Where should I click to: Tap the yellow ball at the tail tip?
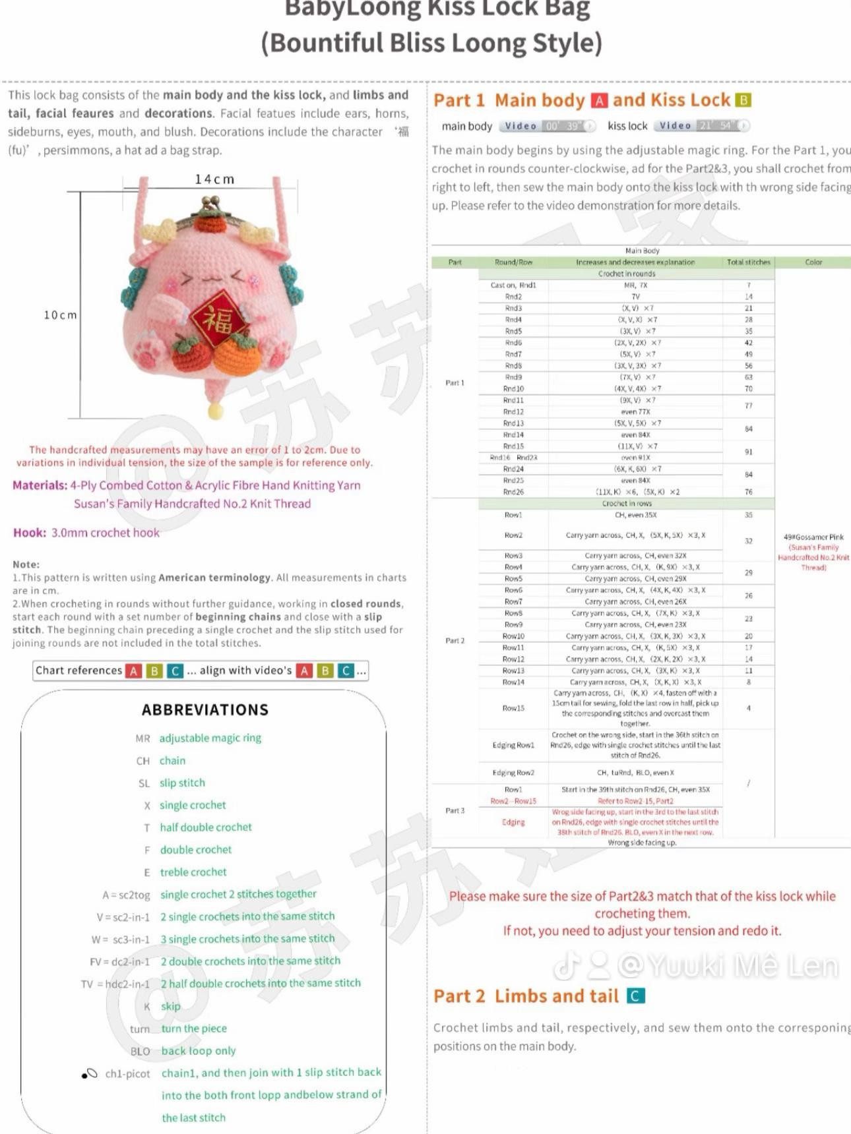[215, 413]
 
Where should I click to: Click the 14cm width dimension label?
[214, 179]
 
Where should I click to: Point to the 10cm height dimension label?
[60, 315]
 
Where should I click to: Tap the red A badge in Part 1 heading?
[599, 100]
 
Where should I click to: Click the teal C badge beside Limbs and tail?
[635, 996]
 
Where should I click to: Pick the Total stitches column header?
[748, 262]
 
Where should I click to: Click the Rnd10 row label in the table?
[513, 389]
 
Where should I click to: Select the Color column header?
[813, 262]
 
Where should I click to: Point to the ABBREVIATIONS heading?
[205, 710]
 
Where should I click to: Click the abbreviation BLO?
[140, 1051]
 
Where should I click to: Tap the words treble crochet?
[193, 872]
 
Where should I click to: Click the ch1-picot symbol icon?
[89, 1074]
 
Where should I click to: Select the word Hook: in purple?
[30, 533]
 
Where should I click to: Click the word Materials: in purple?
[40, 485]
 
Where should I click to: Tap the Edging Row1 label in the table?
[513, 745]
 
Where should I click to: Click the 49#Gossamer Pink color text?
[813, 537]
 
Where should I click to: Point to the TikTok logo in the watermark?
[565, 966]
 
